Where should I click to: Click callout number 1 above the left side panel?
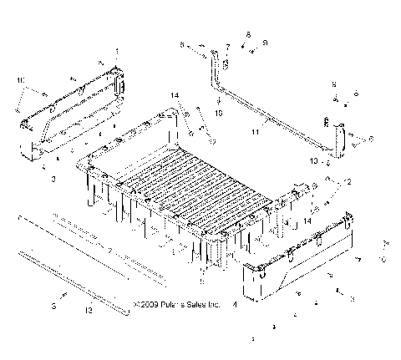pos(116,52)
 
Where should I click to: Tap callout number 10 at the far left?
pos(20,79)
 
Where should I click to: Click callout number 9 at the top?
pos(265,42)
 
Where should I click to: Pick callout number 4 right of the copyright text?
pos(234,306)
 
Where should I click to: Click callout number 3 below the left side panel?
pos(53,179)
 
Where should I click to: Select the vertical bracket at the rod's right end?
pos(341,140)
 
